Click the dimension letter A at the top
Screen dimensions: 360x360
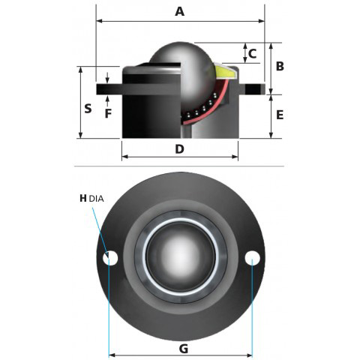179,11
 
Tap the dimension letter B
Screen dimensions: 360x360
280,66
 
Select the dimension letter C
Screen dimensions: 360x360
253,54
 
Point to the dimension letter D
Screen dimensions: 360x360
179,149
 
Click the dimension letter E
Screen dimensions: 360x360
280,115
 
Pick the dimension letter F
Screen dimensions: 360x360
108,113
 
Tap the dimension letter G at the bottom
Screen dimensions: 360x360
184,349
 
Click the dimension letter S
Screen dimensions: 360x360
88,109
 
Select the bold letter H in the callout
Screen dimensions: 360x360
83,199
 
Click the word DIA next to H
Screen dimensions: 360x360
96,199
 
